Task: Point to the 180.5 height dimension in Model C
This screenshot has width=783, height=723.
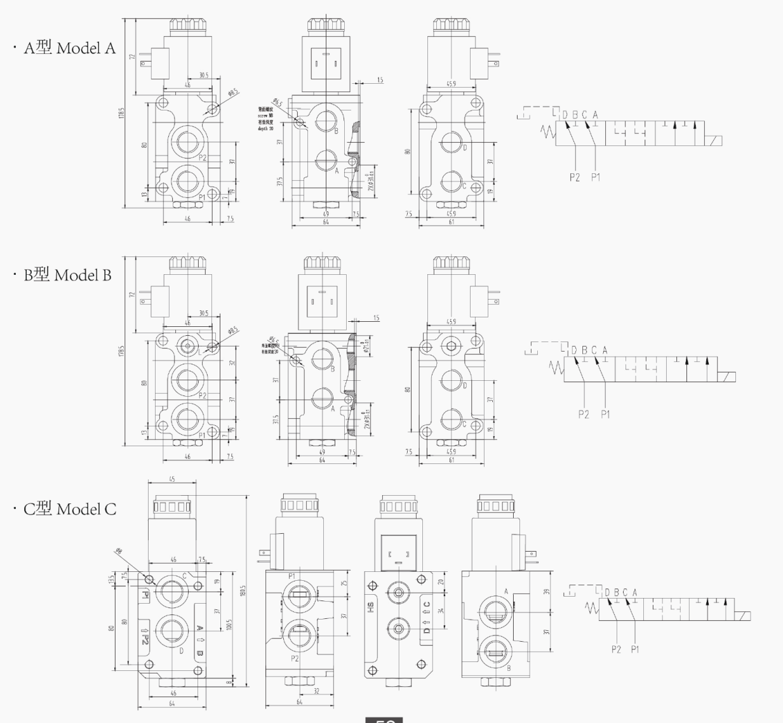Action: pyautogui.click(x=243, y=592)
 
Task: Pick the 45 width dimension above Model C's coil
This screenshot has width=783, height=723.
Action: pyautogui.click(x=172, y=480)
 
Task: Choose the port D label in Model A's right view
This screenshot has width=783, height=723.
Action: pyautogui.click(x=465, y=148)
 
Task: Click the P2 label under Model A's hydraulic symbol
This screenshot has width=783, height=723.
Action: pyautogui.click(x=574, y=178)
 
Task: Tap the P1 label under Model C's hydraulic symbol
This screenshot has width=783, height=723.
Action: pyautogui.click(x=634, y=649)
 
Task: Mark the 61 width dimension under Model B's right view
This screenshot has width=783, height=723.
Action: pyautogui.click(x=452, y=460)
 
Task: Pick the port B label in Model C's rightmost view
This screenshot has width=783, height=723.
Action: pyautogui.click(x=509, y=667)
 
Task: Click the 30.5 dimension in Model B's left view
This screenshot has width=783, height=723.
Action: pyautogui.click(x=203, y=313)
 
